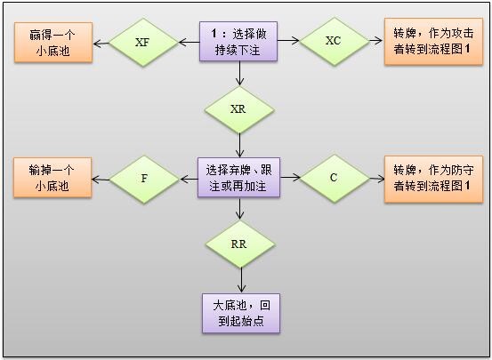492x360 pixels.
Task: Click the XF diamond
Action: point(142,42)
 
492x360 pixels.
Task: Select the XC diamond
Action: point(334,41)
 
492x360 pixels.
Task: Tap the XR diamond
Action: point(238,109)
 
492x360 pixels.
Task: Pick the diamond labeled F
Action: point(144,178)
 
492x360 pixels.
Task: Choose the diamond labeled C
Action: point(334,178)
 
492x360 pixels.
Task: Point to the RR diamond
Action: point(238,243)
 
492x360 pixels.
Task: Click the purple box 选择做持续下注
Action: point(238,42)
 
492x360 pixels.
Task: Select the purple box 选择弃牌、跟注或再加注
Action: point(238,178)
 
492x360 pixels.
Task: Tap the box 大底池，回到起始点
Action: point(238,312)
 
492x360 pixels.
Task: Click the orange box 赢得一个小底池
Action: point(52,42)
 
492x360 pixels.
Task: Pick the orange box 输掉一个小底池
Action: point(52,178)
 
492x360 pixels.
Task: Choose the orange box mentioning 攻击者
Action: point(432,42)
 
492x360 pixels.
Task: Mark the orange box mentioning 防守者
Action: point(432,178)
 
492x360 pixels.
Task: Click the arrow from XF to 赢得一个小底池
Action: point(100,42)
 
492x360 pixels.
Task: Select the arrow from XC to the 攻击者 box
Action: point(376,42)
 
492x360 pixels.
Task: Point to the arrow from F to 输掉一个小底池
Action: point(100,178)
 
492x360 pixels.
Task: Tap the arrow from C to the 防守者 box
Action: point(376,178)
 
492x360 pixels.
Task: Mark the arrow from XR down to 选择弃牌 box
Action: point(238,145)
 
